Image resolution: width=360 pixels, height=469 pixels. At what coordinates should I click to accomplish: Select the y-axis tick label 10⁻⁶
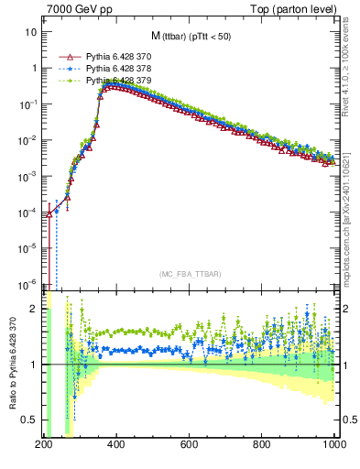click(27, 283)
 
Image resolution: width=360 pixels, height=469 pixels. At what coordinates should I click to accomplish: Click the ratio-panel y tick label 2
click(33, 310)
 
